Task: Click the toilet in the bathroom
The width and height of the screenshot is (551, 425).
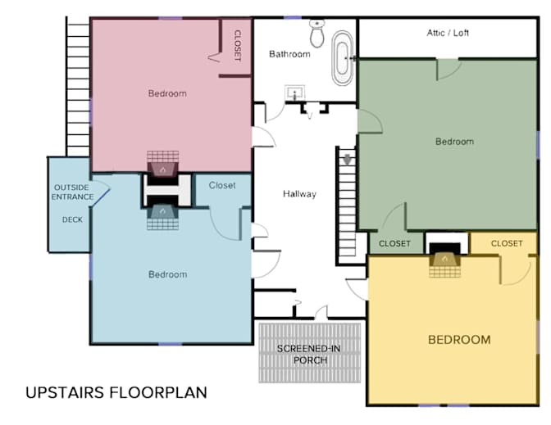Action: point(317,34)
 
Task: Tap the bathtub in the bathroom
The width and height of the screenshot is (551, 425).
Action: point(343,58)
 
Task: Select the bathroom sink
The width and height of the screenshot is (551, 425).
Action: point(294,93)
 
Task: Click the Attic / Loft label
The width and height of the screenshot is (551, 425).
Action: point(448,33)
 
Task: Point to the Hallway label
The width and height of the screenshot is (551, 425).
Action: point(299,194)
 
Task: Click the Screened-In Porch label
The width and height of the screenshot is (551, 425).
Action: point(308,355)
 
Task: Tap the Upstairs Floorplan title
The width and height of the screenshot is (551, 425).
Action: point(116,393)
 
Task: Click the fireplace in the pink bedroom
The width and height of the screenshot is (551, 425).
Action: point(162,164)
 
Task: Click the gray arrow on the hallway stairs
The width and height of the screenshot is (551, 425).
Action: point(347,160)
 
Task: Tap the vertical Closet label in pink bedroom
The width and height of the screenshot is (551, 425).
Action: point(238,46)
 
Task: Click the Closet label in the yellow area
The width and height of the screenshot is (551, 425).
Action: point(507,243)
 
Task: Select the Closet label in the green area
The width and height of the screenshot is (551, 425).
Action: point(394,243)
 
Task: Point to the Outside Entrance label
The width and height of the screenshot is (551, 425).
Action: point(72,192)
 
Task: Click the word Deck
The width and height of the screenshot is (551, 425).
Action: point(72,219)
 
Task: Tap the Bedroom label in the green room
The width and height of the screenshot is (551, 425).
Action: point(454,142)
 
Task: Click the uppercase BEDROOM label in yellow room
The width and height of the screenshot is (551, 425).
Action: point(459,340)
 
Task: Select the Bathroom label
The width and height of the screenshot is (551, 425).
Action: point(289,54)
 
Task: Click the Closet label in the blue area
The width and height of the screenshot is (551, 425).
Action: point(222,185)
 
